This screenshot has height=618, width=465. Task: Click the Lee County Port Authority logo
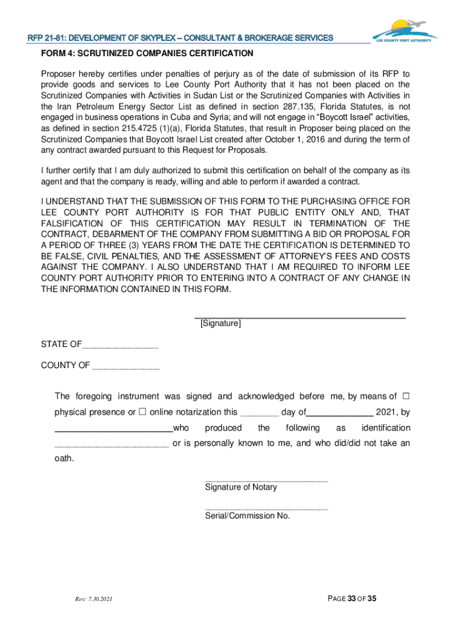tap(404, 31)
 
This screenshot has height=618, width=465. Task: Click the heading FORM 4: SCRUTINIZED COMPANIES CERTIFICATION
tap(147, 54)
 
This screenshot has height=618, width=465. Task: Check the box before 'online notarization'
tap(143, 412)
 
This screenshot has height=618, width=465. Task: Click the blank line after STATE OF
tap(120, 345)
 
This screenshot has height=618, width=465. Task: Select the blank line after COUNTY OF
tap(126, 366)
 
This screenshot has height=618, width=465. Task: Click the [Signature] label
tap(220, 324)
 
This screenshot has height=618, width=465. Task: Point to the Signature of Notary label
tap(241, 487)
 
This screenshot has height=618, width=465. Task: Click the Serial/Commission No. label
tap(248, 516)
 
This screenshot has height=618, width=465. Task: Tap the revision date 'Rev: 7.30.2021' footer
tap(94, 599)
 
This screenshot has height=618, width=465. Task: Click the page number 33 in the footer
tap(351, 599)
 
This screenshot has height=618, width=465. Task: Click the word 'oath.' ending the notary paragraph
tap(65, 459)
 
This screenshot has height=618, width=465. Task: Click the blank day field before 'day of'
tap(259, 413)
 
